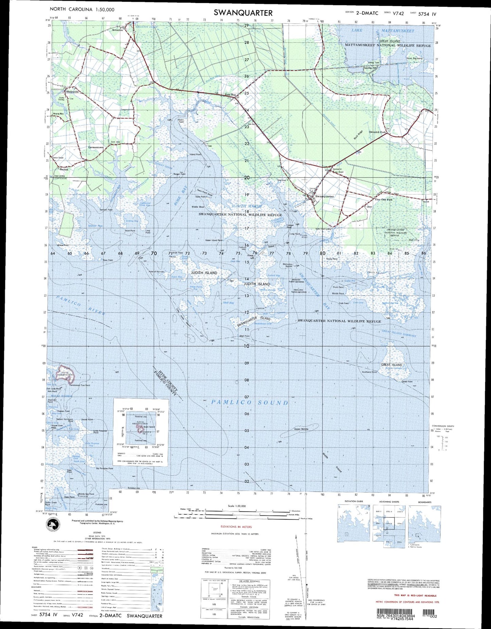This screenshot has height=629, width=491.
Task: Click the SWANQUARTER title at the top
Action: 243,13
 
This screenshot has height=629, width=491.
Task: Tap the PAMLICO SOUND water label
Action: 250,403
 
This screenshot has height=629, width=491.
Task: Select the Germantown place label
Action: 96,148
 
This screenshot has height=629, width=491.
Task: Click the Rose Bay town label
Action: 230,95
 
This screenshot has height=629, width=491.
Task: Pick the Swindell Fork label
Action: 378,132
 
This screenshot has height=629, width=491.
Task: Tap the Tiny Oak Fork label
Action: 383,200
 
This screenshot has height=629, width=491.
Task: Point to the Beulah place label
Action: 64,169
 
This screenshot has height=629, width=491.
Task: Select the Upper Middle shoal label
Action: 301,429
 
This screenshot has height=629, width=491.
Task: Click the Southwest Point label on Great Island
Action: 369,372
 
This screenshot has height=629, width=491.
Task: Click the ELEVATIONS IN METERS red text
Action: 236,527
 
